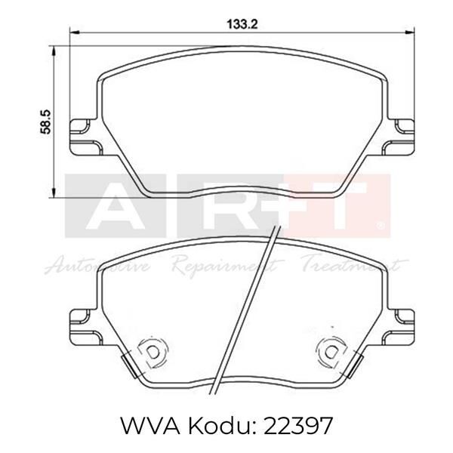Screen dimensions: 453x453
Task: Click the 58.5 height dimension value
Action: (47, 121)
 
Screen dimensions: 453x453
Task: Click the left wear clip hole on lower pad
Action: (151, 350)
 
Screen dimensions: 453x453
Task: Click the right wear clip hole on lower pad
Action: (331, 350)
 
